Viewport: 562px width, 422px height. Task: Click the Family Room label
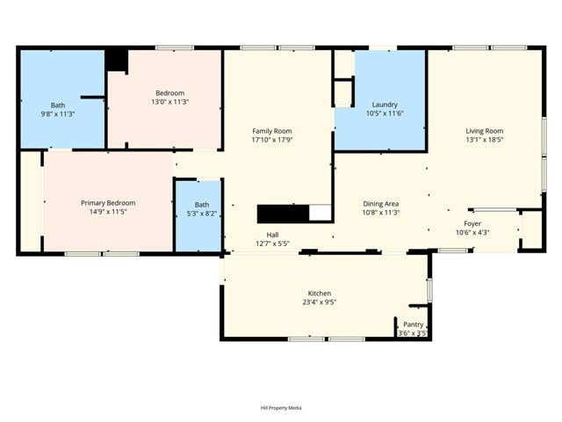pyautogui.click(x=271, y=130)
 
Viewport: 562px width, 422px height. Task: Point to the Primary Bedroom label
pyautogui.click(x=108, y=202)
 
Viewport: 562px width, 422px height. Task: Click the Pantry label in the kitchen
pyautogui.click(x=413, y=324)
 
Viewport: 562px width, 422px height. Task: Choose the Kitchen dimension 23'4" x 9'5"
pyautogui.click(x=319, y=302)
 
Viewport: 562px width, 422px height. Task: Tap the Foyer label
pyautogui.click(x=472, y=224)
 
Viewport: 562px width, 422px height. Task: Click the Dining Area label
pyautogui.click(x=382, y=203)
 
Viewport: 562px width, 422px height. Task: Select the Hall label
pyautogui.click(x=272, y=234)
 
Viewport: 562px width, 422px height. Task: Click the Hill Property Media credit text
pyautogui.click(x=281, y=408)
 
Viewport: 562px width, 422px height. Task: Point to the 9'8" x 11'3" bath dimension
pyautogui.click(x=58, y=113)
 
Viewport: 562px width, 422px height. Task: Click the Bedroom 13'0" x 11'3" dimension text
pyautogui.click(x=170, y=101)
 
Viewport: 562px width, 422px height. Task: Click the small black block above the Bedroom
pyautogui.click(x=117, y=60)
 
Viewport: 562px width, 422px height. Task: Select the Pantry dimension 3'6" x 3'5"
pyautogui.click(x=413, y=333)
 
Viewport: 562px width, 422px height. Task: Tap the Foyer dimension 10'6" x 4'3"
pyautogui.click(x=472, y=233)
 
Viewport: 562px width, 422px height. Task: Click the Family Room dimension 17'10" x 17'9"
pyautogui.click(x=271, y=139)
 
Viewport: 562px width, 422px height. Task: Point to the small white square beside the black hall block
pyautogui.click(x=321, y=213)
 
